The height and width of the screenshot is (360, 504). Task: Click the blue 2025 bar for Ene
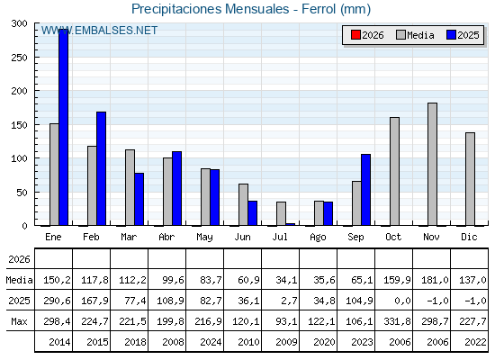coord(63,127)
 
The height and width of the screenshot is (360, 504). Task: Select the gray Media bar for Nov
coord(432,164)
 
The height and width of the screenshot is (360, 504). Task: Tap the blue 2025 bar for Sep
coord(365,190)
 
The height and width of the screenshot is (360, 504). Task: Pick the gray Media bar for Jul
coord(281,213)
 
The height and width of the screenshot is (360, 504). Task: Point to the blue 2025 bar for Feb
coord(101,168)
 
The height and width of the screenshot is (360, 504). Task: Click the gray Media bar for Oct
coord(395,171)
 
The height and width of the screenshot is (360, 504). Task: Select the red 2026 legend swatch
coord(355,35)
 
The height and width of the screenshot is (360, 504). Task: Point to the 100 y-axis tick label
coord(19,158)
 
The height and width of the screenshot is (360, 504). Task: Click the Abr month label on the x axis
coord(166,237)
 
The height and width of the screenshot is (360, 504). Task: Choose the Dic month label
coord(469,237)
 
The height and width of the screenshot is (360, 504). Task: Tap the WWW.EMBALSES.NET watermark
coord(99,31)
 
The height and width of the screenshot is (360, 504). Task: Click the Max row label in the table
coord(19,321)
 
